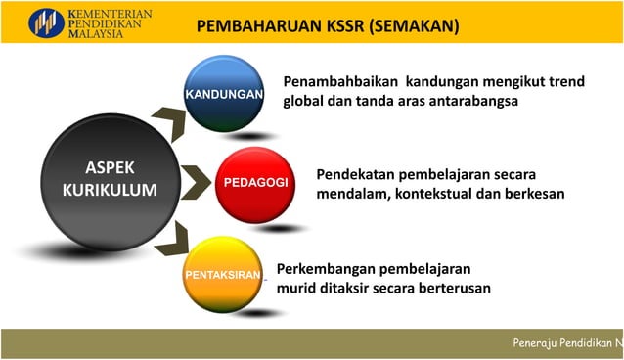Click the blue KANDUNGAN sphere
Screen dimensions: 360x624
pyautogui.click(x=223, y=94)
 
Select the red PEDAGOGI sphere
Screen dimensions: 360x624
pyautogui.click(x=248, y=183)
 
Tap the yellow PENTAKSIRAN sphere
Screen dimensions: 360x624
pyautogui.click(x=223, y=274)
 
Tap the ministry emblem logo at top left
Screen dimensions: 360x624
pyautogui.click(x=47, y=22)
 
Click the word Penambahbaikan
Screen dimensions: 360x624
pyautogui.click(x=340, y=81)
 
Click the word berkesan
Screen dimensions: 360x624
pyautogui.click(x=531, y=194)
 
